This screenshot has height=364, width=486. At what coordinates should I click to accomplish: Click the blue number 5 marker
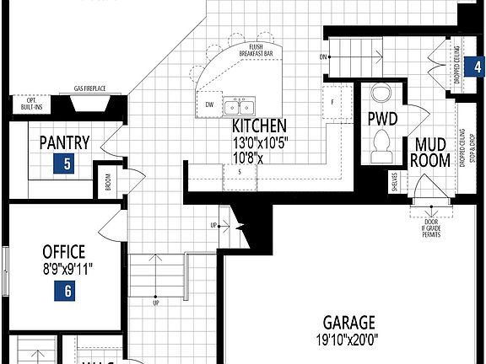[x=65, y=163]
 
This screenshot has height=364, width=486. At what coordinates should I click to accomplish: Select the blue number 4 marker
[x=478, y=67]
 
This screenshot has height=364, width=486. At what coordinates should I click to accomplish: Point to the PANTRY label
[x=64, y=142]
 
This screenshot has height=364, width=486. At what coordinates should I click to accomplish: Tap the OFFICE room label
[x=64, y=251]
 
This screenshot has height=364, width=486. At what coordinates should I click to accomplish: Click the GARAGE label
[x=348, y=322]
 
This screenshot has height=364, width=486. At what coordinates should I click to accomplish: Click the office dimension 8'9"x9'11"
[x=66, y=270]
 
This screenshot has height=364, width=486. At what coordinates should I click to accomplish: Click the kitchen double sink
[x=239, y=107]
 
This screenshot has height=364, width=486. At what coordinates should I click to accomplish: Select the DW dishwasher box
[x=209, y=105]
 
